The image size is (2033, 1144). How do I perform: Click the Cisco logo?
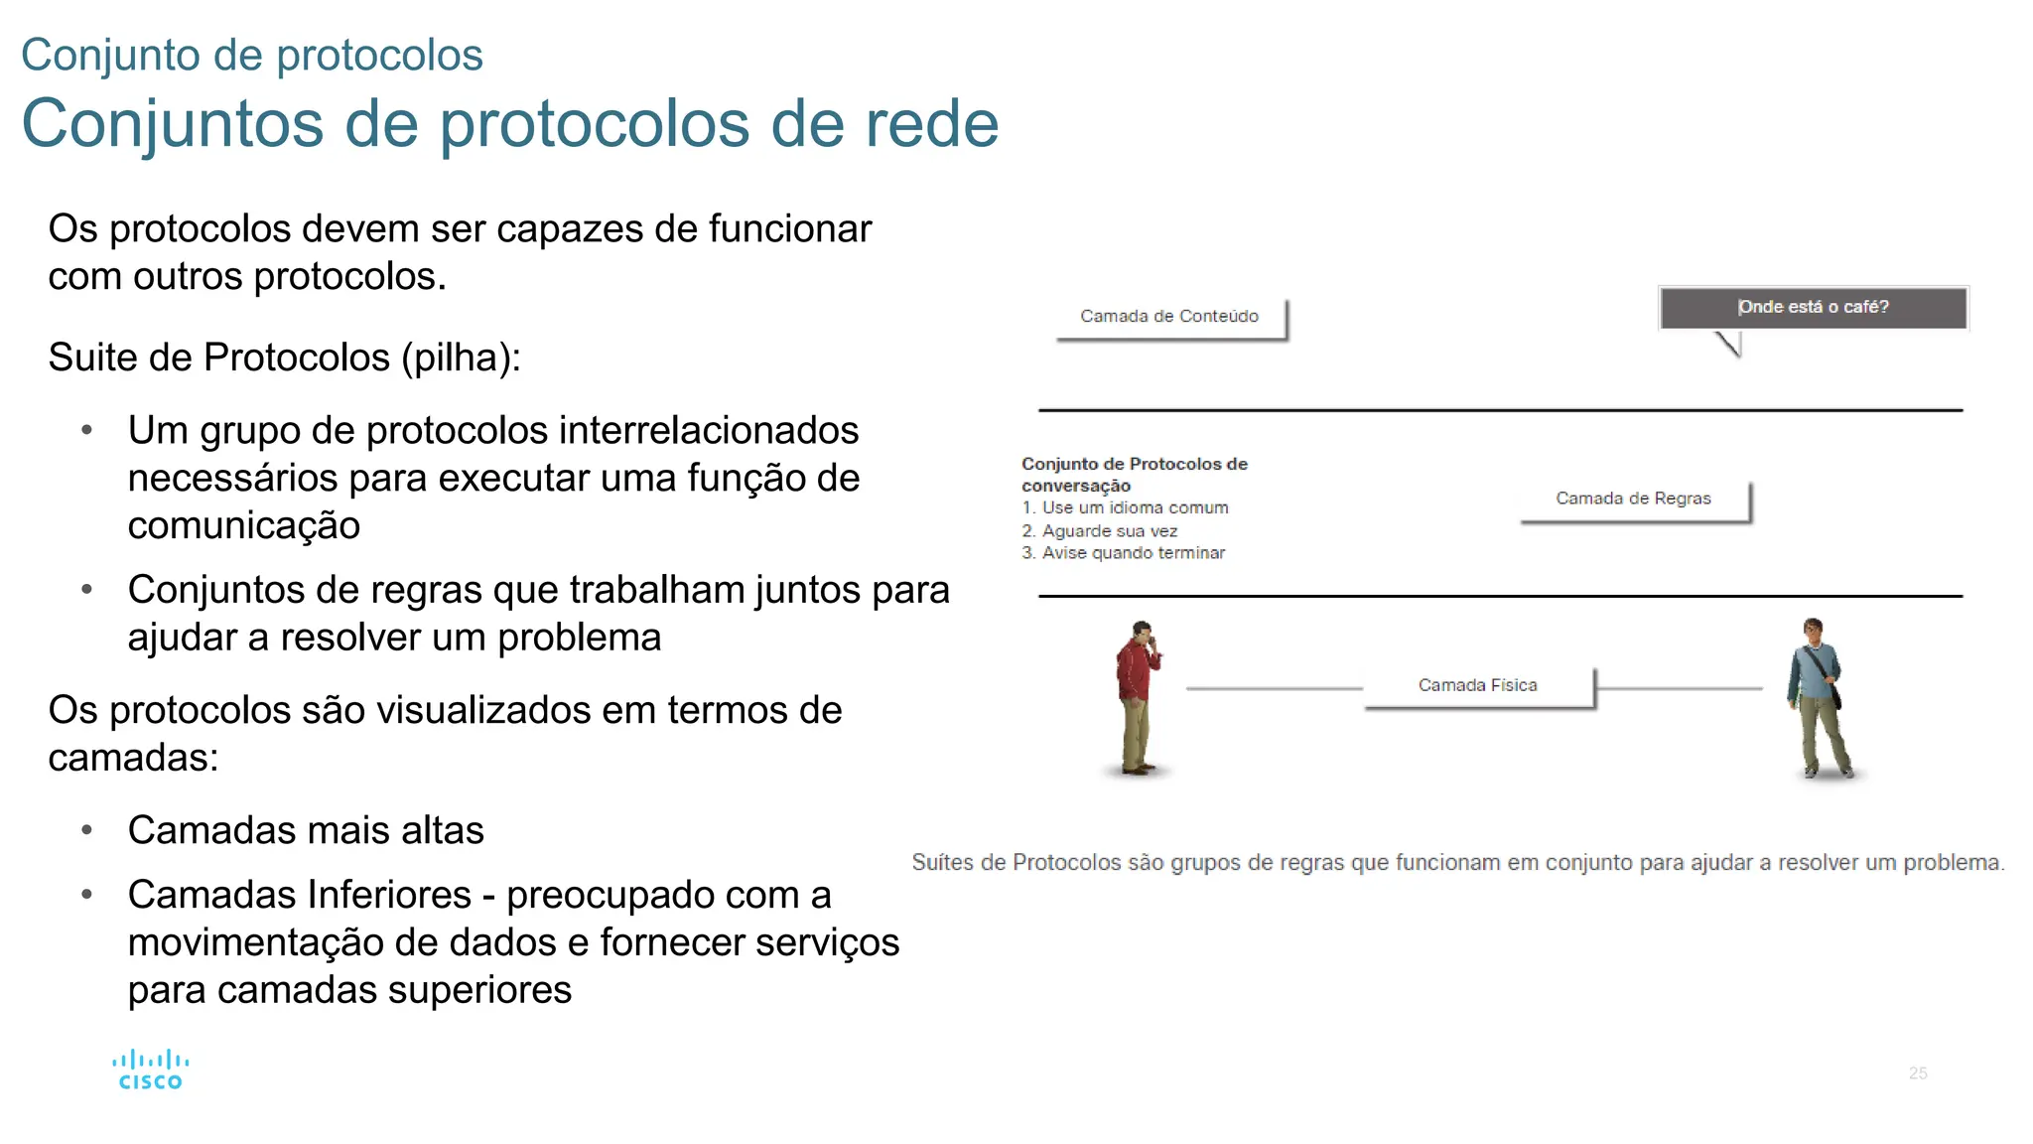point(150,1070)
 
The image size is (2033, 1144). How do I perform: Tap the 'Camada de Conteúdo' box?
point(1169,317)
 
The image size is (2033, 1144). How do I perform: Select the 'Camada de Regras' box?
point(1633,499)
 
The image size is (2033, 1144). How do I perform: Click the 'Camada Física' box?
point(1477,685)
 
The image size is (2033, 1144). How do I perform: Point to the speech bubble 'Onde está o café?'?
point(1813,307)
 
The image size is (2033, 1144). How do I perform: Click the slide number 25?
point(1918,1073)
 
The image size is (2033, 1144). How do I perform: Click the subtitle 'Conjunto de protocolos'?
point(252,55)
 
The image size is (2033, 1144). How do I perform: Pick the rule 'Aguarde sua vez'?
point(1109,531)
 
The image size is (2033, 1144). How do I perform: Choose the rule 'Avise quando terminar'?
point(1133,553)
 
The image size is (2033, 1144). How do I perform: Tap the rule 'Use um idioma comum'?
point(1135,507)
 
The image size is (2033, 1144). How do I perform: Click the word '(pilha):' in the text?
point(462,357)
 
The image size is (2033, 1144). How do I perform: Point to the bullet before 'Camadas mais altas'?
point(87,830)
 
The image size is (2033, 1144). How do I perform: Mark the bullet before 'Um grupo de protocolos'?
point(87,431)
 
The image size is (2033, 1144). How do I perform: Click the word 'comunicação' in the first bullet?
point(244,525)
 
